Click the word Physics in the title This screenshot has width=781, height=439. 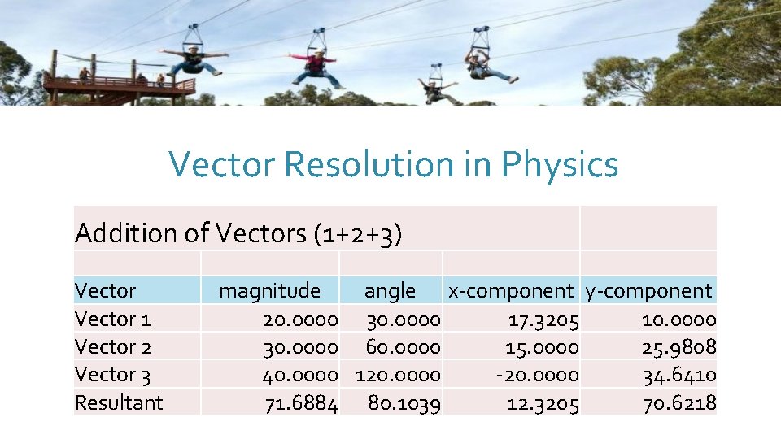click(x=560, y=165)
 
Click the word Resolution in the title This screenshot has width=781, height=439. click(x=369, y=164)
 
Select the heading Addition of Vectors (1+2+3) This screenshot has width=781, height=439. click(x=238, y=233)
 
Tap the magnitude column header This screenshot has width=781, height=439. click(x=269, y=290)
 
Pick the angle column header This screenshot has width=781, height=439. click(x=390, y=290)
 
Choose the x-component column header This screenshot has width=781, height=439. click(x=511, y=290)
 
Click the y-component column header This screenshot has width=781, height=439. click(x=648, y=290)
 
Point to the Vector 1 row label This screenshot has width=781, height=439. click(x=112, y=319)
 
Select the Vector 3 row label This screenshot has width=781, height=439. click(x=112, y=375)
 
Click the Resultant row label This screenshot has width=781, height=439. click(x=119, y=402)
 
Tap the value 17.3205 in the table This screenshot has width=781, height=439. click(x=543, y=319)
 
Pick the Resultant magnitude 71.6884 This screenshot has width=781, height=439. click(x=301, y=403)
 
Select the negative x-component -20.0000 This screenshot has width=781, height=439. click(x=539, y=375)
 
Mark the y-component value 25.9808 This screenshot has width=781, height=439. click(x=679, y=347)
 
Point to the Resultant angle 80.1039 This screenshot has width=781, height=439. click(x=404, y=403)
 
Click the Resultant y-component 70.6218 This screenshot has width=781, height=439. click(x=679, y=403)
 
